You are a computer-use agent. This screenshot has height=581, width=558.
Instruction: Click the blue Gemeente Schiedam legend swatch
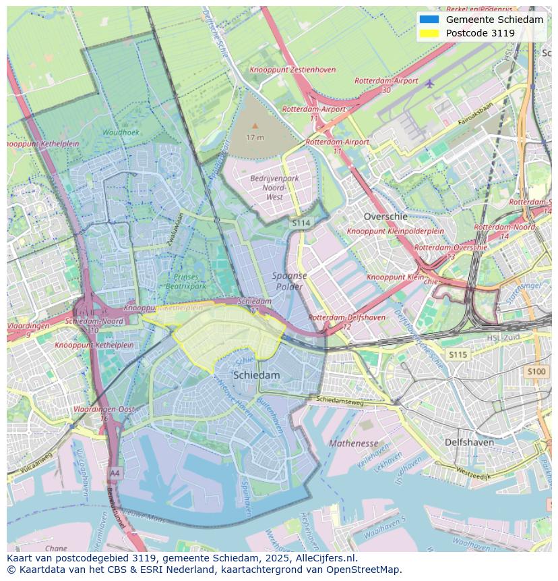pos(429,20)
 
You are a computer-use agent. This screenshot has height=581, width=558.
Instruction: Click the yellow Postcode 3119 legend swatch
pos(429,33)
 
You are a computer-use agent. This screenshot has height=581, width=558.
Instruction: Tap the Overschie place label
pos(385,217)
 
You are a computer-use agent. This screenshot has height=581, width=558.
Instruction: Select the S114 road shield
pos(301,223)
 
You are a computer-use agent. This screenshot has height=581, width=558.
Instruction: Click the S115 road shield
pos(458,354)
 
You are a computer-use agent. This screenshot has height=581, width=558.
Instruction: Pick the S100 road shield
pos(536,372)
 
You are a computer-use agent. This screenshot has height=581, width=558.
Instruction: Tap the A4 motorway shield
pos(115,473)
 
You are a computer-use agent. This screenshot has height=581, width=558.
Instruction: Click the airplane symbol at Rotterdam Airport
pos(430,83)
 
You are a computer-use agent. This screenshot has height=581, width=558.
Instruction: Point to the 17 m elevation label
pos(255,137)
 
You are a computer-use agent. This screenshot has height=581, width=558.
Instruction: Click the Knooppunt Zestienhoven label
pos(292,70)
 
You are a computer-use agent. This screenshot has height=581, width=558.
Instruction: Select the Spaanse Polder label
pos(290,281)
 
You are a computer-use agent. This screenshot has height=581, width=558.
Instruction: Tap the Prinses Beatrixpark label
pos(186,281)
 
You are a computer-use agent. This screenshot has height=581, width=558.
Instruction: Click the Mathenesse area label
pos(354,443)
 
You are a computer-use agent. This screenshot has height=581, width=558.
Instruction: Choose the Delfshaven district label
pos(469,443)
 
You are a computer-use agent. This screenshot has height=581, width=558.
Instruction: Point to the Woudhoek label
pos(121,132)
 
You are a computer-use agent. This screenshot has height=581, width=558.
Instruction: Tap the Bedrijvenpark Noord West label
pos(274,188)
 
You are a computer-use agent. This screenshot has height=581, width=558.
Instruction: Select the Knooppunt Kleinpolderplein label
pos(396,231)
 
